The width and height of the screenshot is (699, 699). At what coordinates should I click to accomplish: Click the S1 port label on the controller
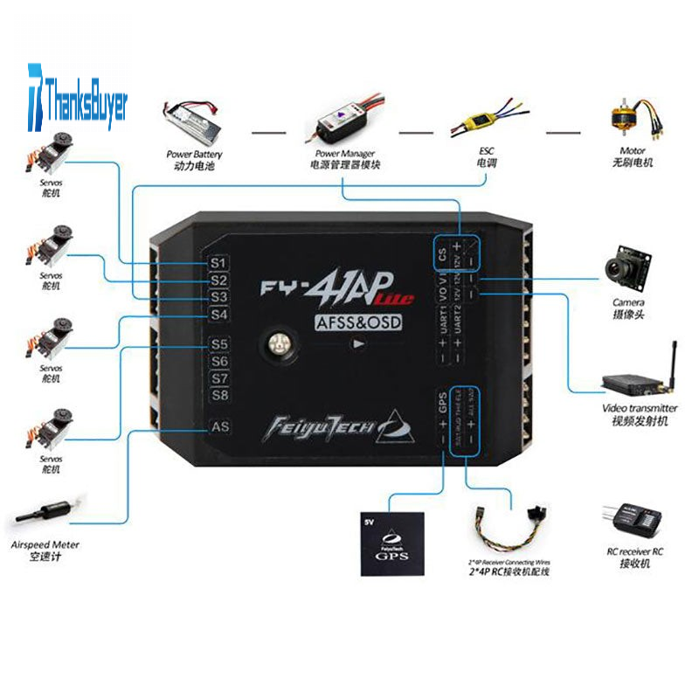point(218,262)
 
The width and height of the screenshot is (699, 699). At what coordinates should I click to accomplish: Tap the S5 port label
point(218,344)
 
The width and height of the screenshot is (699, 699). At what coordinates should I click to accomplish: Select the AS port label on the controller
point(219,427)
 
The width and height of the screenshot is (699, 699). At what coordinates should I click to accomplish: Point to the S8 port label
point(218,395)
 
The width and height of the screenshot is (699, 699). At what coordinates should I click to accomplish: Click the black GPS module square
point(392,543)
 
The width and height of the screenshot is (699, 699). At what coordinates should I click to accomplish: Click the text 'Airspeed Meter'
point(45,544)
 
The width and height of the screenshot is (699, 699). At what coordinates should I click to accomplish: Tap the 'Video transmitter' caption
point(640,408)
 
